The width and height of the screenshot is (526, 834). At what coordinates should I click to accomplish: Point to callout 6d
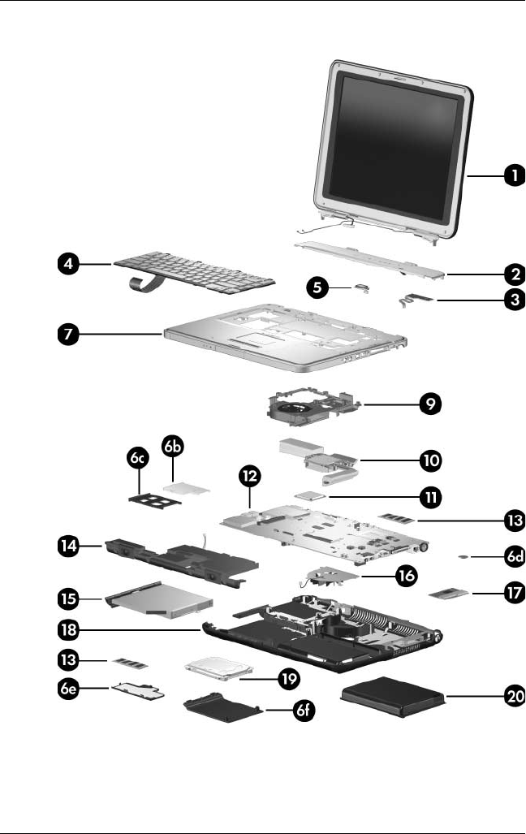click(x=512, y=557)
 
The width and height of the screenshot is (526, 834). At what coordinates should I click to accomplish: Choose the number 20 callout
click(x=512, y=695)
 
